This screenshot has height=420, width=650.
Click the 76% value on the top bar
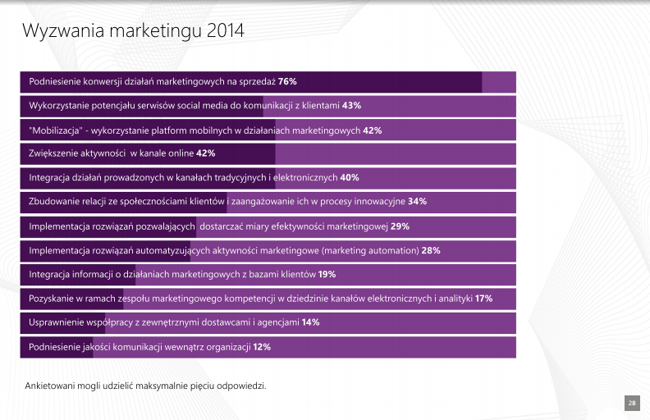[287, 82]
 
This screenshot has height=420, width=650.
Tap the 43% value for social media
[351, 106]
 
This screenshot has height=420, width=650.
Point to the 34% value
[417, 202]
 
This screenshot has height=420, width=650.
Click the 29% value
[400, 226]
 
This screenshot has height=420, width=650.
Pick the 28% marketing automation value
[431, 250]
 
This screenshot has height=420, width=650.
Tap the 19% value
[327, 274]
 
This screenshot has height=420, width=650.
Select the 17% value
[483, 299]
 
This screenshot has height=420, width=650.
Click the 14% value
[310, 322]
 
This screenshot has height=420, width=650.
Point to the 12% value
[262, 347]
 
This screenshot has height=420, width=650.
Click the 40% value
[350, 178]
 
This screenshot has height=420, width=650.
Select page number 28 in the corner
[632, 403]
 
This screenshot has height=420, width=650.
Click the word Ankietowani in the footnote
[52, 385]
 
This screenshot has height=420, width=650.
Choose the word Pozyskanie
[52, 299]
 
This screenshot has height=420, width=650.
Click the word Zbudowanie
[54, 202]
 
